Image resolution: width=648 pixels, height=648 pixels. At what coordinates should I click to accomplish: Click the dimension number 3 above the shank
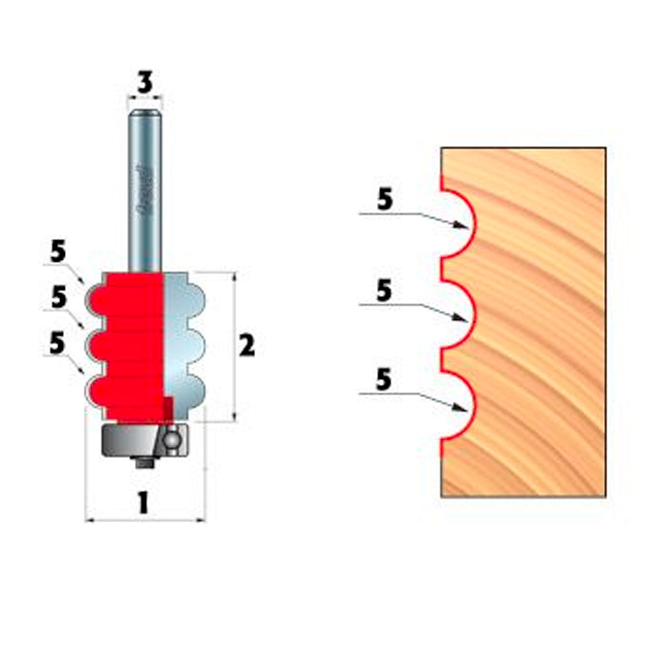pyautogui.click(x=145, y=83)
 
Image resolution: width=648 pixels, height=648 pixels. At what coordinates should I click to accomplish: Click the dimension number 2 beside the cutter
pyautogui.click(x=247, y=347)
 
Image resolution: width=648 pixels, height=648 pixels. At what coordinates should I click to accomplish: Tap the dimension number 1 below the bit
pyautogui.click(x=143, y=503)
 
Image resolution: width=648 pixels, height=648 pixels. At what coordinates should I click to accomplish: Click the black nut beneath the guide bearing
pyautogui.click(x=143, y=461)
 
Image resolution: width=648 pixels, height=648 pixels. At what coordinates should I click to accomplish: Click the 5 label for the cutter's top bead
pyautogui.click(x=58, y=253)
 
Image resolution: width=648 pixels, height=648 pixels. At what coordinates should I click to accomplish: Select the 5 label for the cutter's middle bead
pyautogui.click(x=59, y=297)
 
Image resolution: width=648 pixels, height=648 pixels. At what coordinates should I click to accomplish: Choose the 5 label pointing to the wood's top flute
pyautogui.click(x=385, y=201)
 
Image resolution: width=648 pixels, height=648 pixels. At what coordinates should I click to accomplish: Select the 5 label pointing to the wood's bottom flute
pyautogui.click(x=384, y=380)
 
